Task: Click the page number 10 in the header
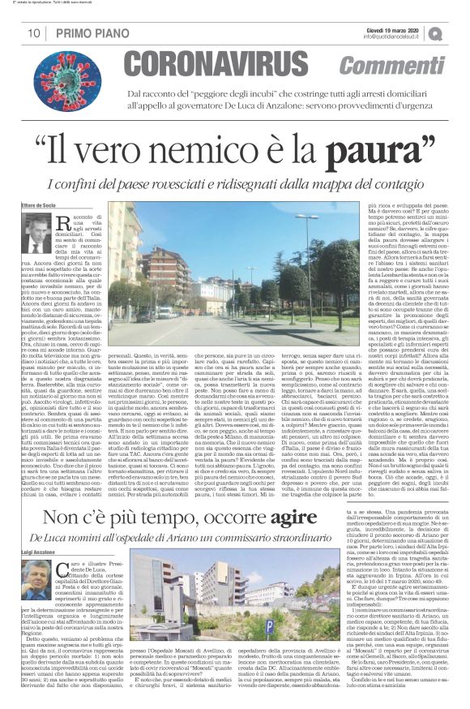[33, 33]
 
